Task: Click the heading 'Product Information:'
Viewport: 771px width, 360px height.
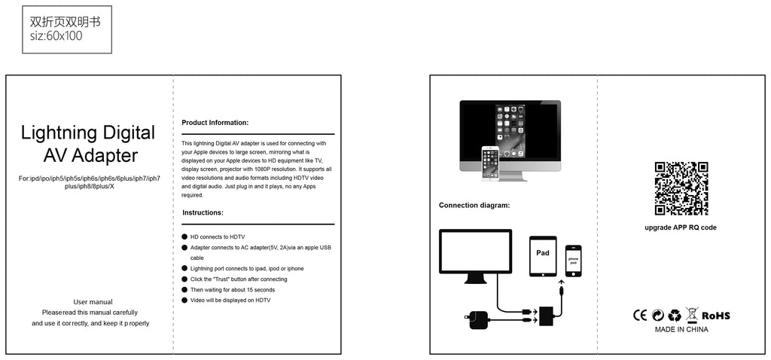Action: (x=215, y=123)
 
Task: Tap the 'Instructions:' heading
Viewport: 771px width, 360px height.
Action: (x=203, y=213)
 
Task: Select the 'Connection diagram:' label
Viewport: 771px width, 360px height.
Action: (x=474, y=205)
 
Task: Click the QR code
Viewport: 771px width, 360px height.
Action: (x=681, y=188)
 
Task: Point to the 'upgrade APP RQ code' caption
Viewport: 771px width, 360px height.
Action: (x=681, y=227)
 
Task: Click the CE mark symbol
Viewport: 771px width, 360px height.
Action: (x=640, y=316)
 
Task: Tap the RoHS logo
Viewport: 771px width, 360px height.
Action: (x=715, y=316)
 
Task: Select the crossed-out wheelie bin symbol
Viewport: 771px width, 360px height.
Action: (x=692, y=315)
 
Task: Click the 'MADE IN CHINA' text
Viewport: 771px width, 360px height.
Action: (x=681, y=330)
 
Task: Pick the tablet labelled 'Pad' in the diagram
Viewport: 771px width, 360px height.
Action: (x=543, y=256)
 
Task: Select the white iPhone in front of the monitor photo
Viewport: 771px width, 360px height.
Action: (x=489, y=163)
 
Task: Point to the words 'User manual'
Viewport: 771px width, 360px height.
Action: (x=93, y=302)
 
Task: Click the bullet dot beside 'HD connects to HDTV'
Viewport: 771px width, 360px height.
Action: (x=184, y=237)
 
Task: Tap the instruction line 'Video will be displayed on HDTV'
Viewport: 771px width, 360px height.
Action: (x=230, y=300)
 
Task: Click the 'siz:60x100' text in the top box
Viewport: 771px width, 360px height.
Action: (x=56, y=36)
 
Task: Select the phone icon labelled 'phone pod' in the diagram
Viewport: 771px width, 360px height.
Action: (x=573, y=261)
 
